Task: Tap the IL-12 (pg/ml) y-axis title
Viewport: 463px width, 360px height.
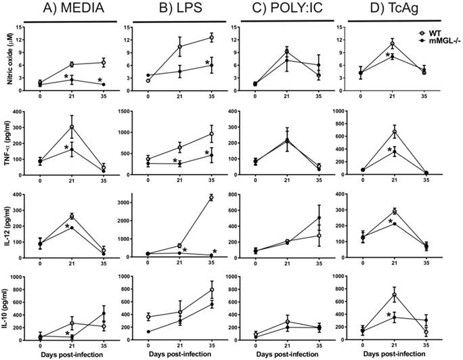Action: [6, 231]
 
